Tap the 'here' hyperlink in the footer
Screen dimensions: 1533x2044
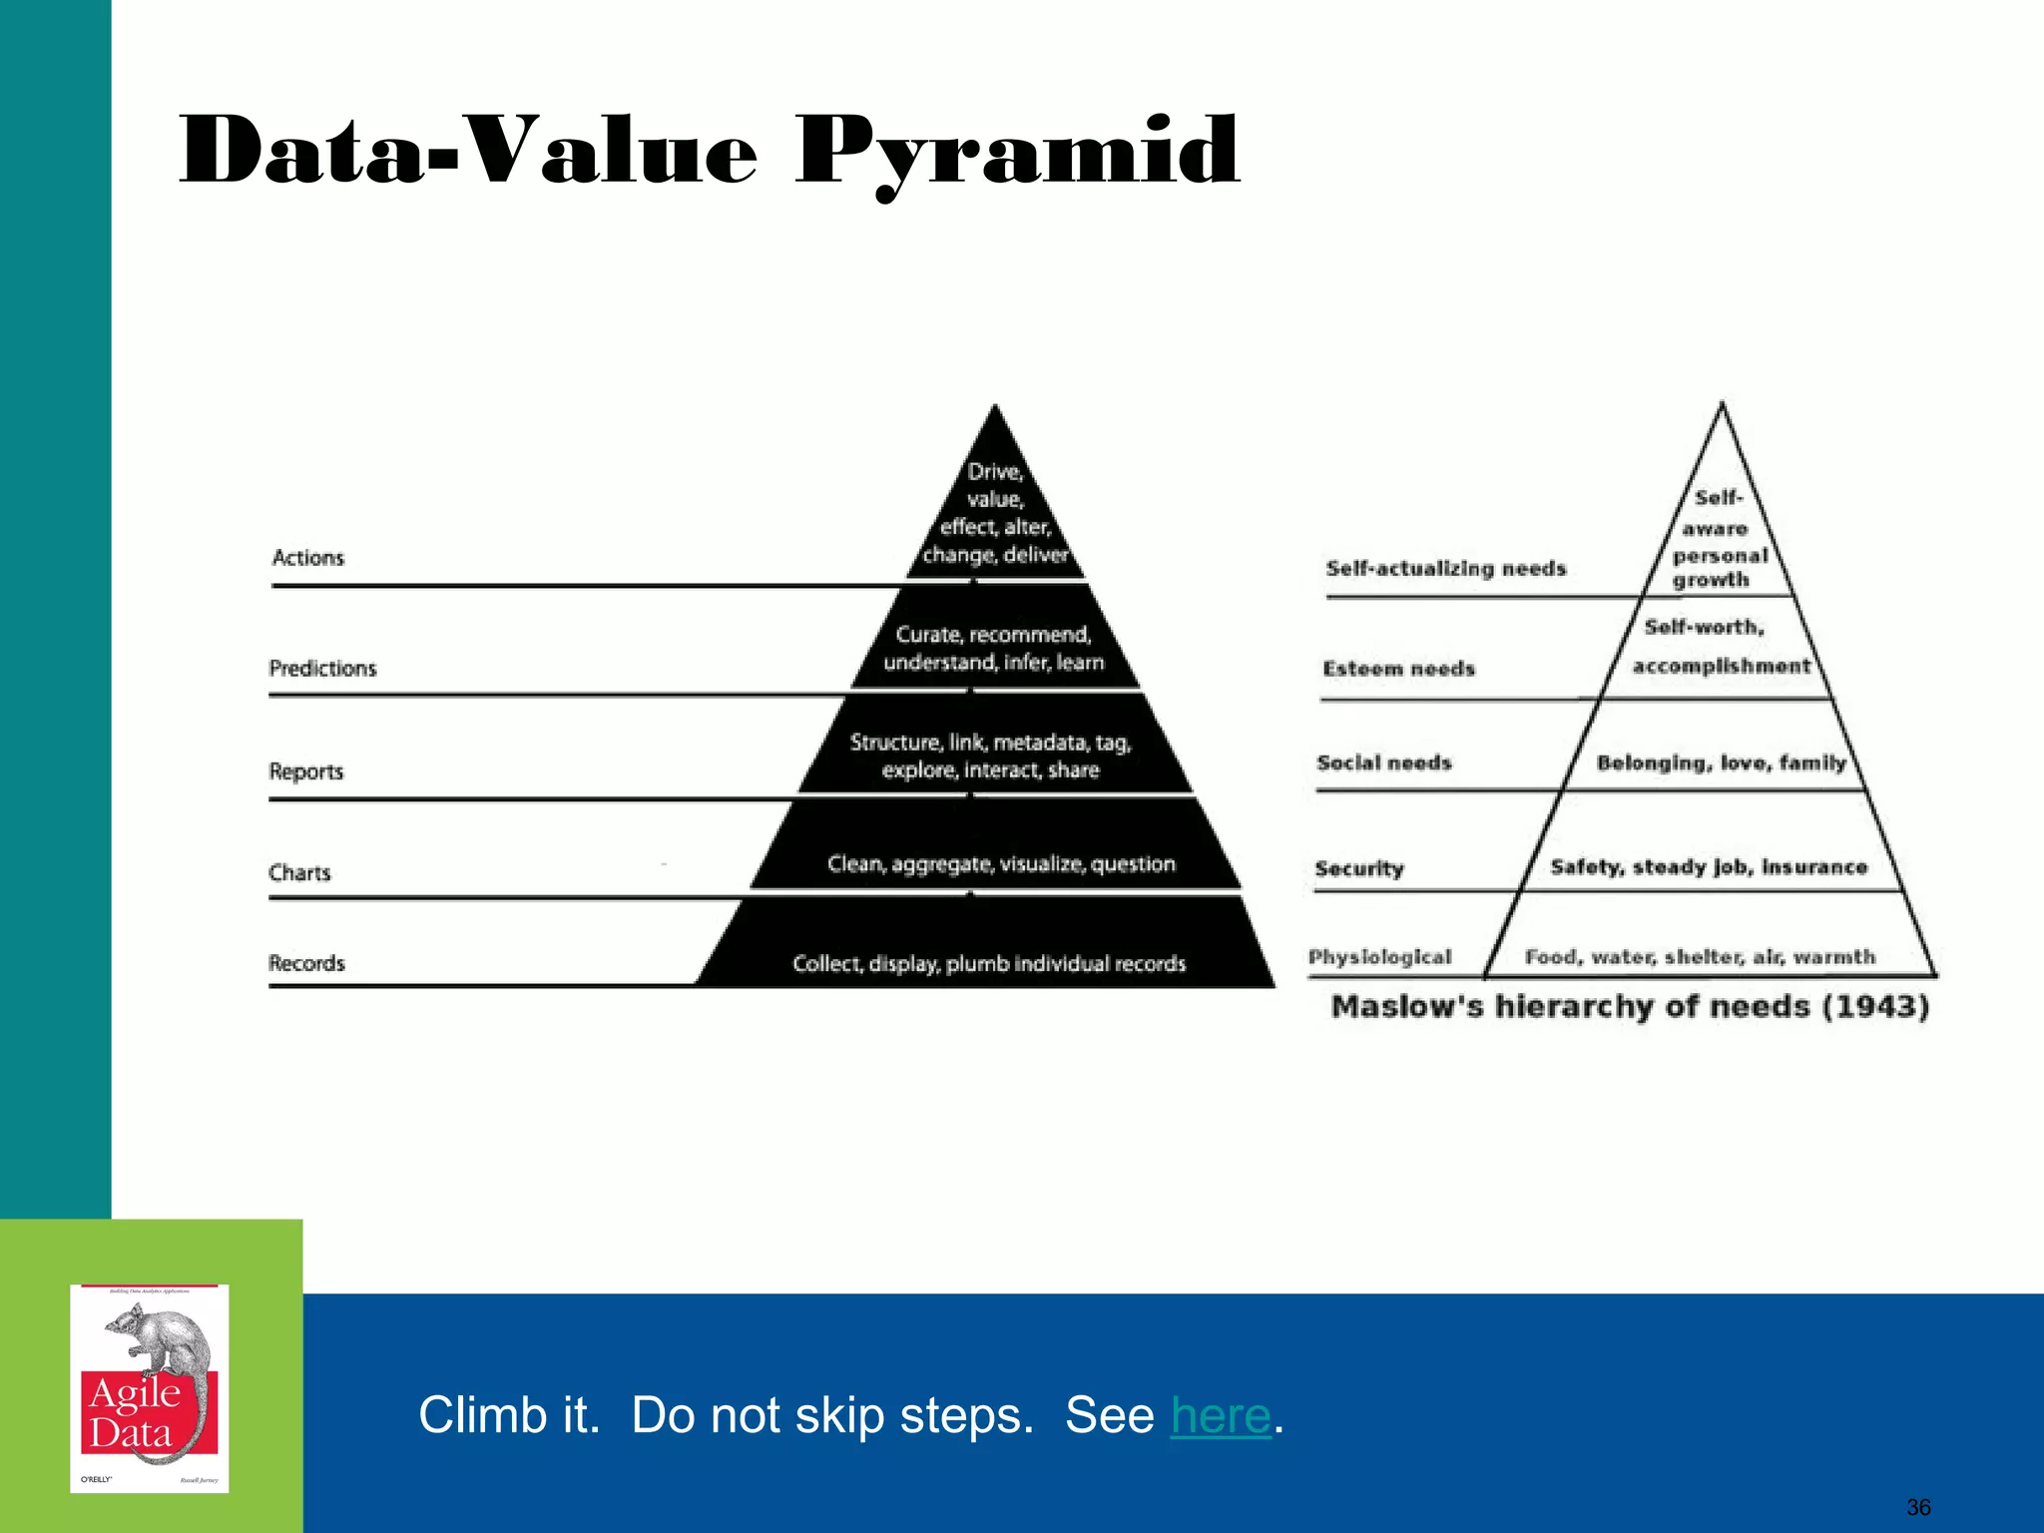[1221, 1415]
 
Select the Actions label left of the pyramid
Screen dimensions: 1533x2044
[308, 558]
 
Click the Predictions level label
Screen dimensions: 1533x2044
[323, 669]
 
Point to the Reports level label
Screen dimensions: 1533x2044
[306, 771]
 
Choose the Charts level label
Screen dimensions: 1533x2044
[299, 873]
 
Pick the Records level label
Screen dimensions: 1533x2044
[306, 964]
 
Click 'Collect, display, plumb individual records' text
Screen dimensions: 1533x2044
[989, 964]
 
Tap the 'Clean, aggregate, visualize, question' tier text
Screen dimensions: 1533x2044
[1001, 864]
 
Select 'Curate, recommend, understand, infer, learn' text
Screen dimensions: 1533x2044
[994, 649]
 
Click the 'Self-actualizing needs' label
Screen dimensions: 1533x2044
[1446, 569]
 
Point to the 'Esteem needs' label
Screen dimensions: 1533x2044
[1399, 669]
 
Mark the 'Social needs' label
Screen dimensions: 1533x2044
[1384, 764]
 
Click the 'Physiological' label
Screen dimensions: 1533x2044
[1380, 957]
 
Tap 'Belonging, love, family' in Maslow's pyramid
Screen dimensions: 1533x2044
[1721, 764]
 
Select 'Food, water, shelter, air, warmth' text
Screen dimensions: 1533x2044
[1700, 957]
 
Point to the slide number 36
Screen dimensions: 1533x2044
[1918, 1507]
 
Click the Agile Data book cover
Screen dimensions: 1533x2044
[150, 1388]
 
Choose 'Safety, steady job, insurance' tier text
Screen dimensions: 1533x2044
[1709, 867]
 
